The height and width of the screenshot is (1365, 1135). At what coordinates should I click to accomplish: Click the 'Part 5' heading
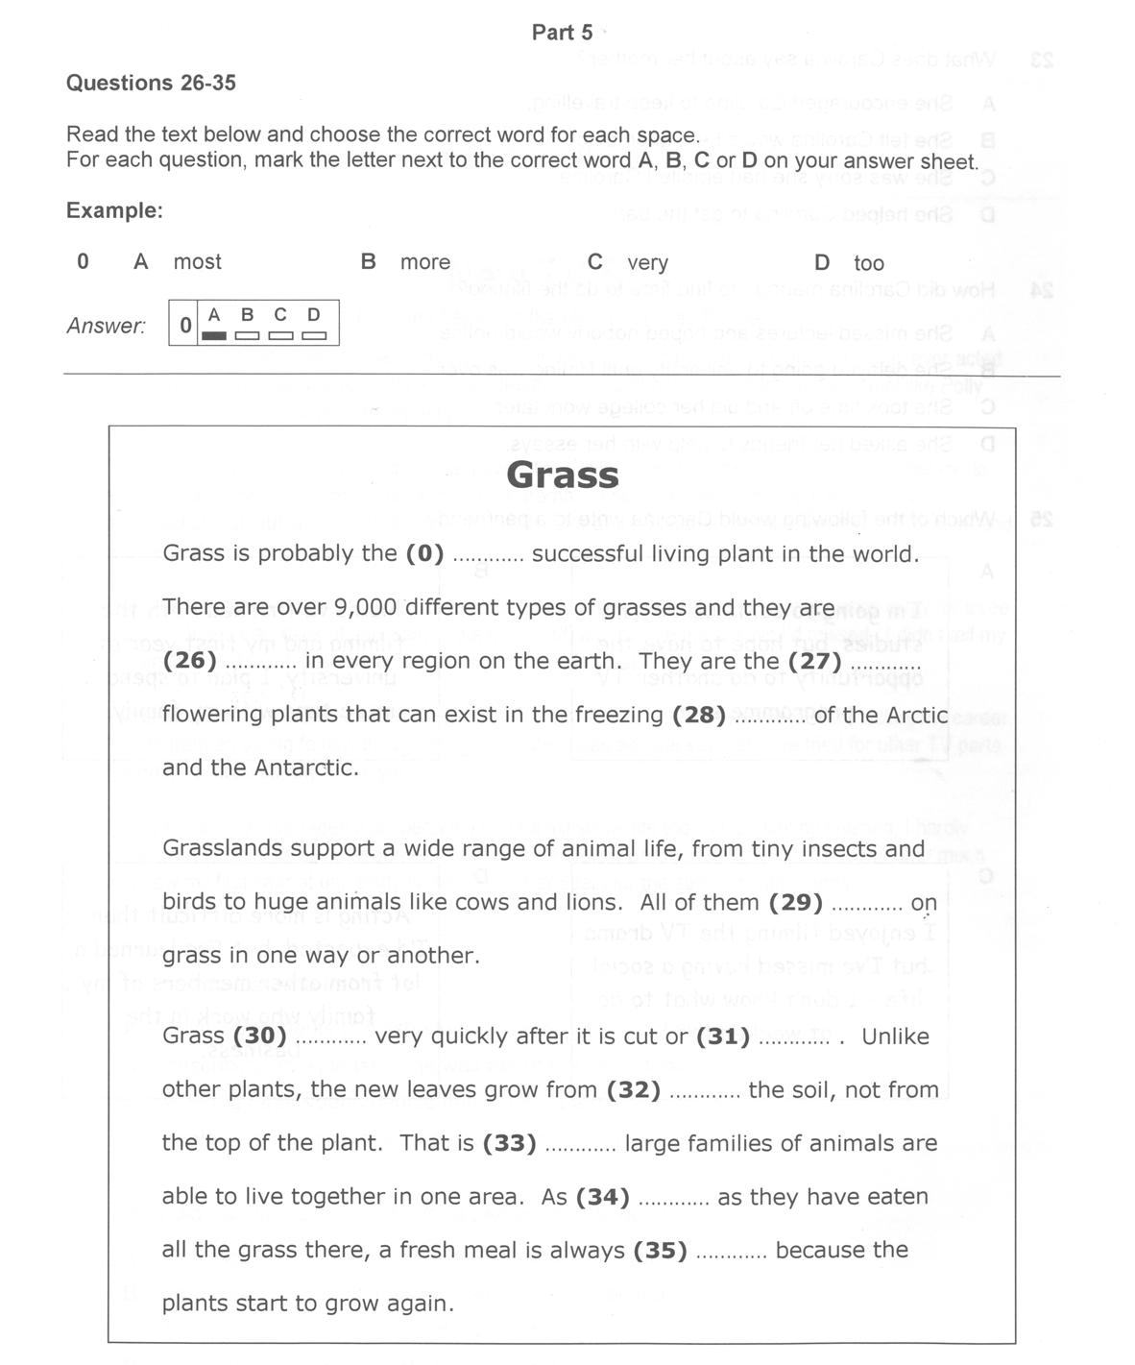point(562,33)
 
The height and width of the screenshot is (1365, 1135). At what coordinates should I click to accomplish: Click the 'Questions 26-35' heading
point(151,83)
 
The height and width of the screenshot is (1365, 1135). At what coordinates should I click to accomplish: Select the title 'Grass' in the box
point(563,475)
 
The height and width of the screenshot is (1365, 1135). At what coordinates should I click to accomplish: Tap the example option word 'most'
point(197,262)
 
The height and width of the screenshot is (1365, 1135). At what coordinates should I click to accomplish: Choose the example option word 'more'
point(425,262)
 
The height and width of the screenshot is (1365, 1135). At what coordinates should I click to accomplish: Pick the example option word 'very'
point(647,262)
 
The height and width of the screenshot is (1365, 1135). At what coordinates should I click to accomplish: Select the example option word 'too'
point(869,263)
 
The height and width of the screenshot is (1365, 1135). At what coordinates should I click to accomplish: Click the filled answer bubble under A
point(214,335)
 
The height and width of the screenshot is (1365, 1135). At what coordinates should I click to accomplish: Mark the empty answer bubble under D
point(314,335)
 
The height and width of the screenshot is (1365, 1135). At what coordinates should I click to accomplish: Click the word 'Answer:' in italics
point(106,327)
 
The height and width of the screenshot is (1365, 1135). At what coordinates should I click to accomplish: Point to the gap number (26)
point(190,661)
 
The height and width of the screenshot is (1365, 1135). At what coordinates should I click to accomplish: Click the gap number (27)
point(814,661)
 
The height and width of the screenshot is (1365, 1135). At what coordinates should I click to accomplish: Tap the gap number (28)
point(699,715)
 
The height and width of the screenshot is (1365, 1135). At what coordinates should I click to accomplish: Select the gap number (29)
point(796,902)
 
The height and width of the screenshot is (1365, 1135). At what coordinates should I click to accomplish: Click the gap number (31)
point(723,1036)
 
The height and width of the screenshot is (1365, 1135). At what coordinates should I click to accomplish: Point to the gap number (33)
point(509,1143)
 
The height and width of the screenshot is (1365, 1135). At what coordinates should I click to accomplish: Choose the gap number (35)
point(661,1250)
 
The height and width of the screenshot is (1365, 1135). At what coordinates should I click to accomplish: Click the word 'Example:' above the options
point(114,210)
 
